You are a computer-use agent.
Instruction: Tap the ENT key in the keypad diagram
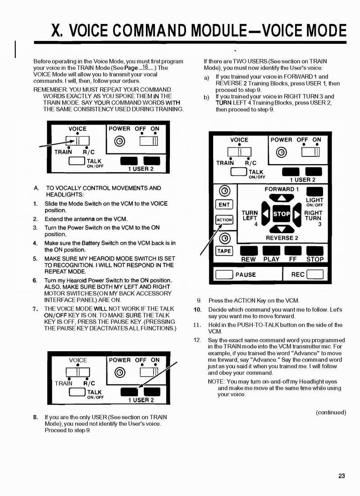(224, 205)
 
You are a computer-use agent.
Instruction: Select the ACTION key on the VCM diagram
(224, 220)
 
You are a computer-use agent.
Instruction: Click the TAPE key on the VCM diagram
(224, 251)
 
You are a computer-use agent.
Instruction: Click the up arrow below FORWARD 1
(281, 198)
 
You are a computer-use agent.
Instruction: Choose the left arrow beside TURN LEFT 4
(266, 214)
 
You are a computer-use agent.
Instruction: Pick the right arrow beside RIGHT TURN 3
(297, 214)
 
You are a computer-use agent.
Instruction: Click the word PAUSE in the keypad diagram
(246, 275)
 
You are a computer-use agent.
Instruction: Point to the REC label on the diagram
(298, 274)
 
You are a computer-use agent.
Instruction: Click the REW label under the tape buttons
(248, 259)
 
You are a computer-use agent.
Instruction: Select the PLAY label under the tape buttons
(271, 259)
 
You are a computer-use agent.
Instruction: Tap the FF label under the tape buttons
(293, 259)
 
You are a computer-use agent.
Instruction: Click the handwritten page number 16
(145, 66)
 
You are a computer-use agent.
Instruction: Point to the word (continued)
(331, 412)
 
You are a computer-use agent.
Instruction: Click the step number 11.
(197, 325)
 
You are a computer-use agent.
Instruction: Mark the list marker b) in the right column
(206, 96)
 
